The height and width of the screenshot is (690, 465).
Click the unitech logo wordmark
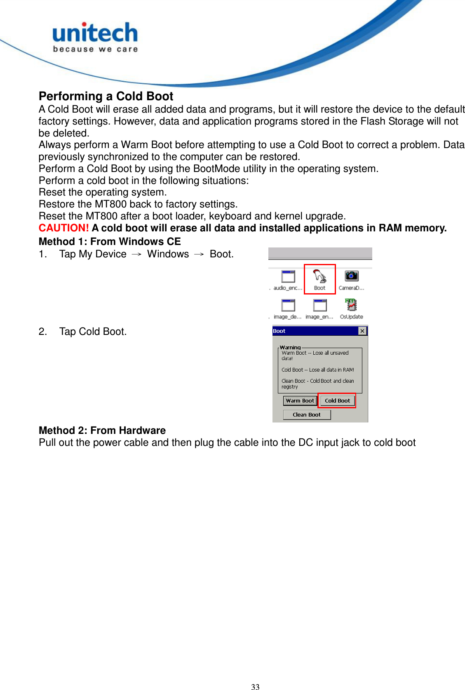click(x=95, y=33)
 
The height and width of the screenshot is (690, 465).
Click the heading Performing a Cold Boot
click(x=106, y=96)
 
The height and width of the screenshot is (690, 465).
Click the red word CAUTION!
click(x=63, y=228)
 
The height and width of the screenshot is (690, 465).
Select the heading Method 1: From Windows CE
click(x=110, y=241)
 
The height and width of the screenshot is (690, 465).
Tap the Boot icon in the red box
click(x=319, y=277)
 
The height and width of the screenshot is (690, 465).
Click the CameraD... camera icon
click(x=351, y=276)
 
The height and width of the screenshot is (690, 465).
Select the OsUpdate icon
click(x=351, y=305)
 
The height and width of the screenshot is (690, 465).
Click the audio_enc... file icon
click(x=288, y=276)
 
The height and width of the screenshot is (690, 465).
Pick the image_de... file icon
click(x=288, y=306)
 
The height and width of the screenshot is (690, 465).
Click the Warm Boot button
click(x=300, y=400)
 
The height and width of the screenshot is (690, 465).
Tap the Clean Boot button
click(x=307, y=414)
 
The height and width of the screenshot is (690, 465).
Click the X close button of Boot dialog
click(x=362, y=331)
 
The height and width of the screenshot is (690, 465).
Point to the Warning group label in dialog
click(x=290, y=347)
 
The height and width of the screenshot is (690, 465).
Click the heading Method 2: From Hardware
click(x=102, y=430)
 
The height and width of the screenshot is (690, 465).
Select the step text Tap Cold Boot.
click(x=93, y=332)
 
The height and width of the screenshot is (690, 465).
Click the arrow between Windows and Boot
click(x=199, y=254)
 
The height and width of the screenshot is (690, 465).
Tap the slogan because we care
click(x=95, y=49)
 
